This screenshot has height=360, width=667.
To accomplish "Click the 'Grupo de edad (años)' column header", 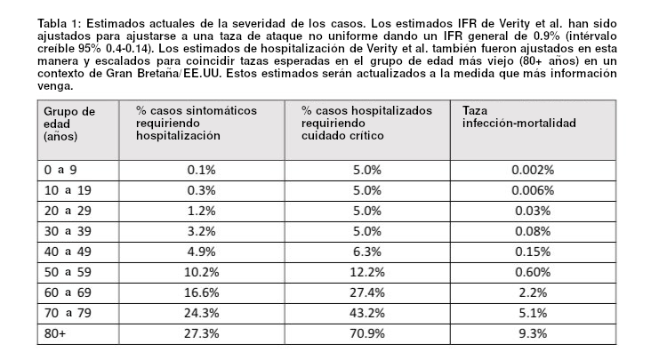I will (69, 124).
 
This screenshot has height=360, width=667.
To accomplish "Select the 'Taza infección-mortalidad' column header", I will (519, 116).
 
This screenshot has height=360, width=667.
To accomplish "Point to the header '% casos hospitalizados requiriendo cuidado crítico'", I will (366, 124).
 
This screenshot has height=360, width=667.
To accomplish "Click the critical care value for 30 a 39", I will (367, 231).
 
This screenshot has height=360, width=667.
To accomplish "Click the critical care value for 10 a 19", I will (367, 190).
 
